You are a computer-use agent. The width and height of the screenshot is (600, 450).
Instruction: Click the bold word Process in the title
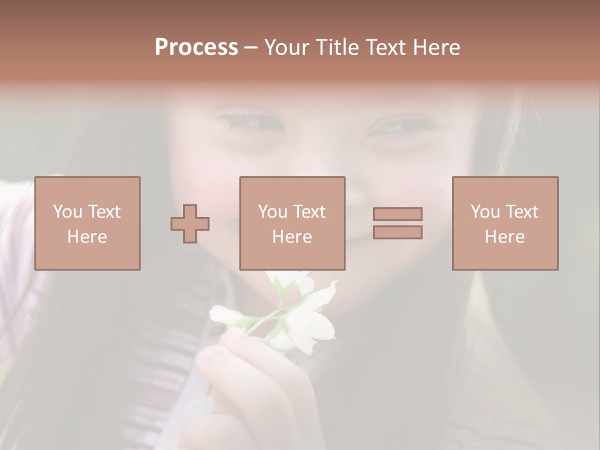click(x=196, y=47)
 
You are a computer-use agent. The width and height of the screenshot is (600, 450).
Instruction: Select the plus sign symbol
click(x=190, y=224)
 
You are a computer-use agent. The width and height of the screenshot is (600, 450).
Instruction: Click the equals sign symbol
click(x=397, y=223)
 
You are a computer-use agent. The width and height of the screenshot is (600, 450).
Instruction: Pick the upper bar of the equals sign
click(x=397, y=214)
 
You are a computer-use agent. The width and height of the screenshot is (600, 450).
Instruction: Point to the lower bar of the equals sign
click(x=397, y=232)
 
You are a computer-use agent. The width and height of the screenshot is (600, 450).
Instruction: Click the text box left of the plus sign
click(x=87, y=223)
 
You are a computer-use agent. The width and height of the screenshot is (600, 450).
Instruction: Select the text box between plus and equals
click(x=292, y=223)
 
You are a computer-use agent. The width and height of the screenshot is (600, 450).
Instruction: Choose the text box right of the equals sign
click(x=504, y=223)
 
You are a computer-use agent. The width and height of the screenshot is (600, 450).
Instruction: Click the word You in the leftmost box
click(x=67, y=212)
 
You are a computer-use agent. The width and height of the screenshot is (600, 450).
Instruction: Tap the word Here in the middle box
click(x=292, y=237)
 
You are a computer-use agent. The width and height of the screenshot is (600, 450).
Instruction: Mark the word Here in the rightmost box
click(x=504, y=237)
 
